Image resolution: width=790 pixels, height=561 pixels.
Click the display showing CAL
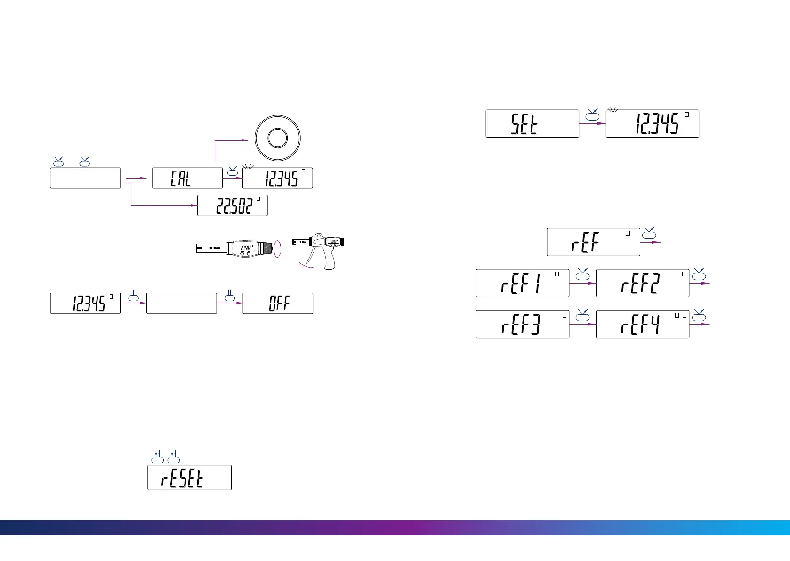coord(187,178)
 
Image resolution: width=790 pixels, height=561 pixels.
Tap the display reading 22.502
coord(232,205)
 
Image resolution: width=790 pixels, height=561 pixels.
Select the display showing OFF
coord(277,303)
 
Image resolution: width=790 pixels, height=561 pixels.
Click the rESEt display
coord(189,478)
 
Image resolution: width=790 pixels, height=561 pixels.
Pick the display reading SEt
coord(532,123)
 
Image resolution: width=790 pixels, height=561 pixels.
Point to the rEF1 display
coord(522,283)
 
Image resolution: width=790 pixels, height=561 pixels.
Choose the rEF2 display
coord(642,283)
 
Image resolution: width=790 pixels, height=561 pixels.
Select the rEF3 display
coord(522,324)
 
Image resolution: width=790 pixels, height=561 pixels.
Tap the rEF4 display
coord(642,324)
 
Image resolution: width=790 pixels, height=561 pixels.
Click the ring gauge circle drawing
coord(277,138)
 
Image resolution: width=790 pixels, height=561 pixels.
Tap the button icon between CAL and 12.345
coord(232,172)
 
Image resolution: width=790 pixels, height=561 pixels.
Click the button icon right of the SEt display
coord(592,116)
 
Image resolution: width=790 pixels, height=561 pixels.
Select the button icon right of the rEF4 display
coord(699,316)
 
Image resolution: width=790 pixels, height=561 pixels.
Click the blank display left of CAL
coord(85,178)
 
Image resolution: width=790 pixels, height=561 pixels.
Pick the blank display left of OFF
coord(181,303)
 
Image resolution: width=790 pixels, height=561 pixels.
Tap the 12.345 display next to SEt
coord(652,123)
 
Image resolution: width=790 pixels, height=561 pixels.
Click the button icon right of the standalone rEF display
coord(649,234)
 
